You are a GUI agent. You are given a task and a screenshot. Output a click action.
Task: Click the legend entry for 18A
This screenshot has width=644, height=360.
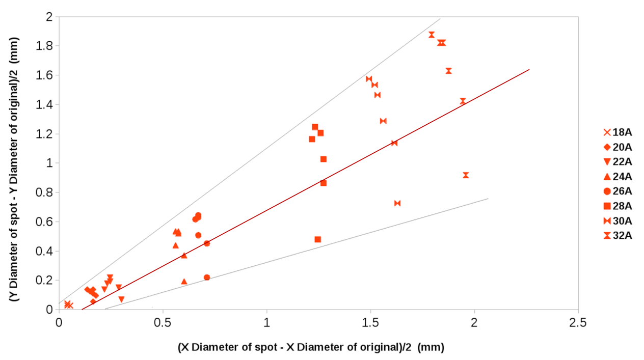click(617, 133)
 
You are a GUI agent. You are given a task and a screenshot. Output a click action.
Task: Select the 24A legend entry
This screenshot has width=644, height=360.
click(617, 177)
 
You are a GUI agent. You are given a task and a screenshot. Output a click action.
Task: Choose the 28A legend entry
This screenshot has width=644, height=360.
click(617, 206)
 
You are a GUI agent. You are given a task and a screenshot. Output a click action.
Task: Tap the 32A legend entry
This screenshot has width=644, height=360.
click(617, 235)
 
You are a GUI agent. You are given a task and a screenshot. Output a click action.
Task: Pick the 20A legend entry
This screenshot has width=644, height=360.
click(617, 148)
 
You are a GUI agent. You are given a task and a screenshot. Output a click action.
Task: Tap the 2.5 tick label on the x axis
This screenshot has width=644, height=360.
click(578, 322)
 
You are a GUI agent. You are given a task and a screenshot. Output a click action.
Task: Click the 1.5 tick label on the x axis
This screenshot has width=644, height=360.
click(370, 322)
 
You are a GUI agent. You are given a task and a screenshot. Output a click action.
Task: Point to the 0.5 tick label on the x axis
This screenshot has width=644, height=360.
click(163, 322)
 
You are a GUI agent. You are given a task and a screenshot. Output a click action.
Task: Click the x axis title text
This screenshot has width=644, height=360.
click(311, 347)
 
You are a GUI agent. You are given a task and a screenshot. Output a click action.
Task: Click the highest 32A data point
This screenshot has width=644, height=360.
click(432, 35)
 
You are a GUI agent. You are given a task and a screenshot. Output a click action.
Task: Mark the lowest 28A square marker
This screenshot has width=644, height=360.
click(318, 239)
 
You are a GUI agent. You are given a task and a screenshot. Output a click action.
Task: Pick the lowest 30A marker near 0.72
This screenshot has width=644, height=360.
click(397, 203)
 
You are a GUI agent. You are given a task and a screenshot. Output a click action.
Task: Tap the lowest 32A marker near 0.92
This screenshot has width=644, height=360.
click(466, 175)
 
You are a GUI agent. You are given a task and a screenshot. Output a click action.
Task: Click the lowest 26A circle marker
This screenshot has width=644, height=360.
click(207, 278)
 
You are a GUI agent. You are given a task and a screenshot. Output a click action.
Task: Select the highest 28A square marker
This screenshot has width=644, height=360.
click(315, 127)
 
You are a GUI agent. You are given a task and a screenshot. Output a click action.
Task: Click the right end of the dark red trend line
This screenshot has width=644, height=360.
click(529, 69)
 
